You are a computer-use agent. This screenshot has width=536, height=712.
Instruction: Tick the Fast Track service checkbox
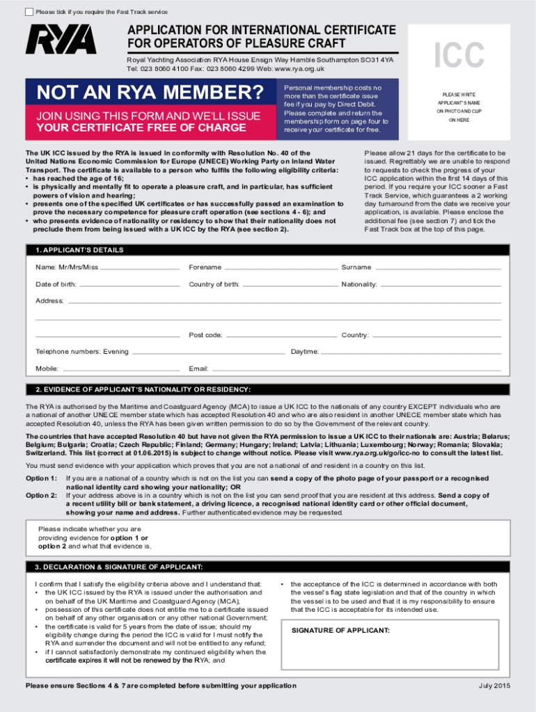point(28,12)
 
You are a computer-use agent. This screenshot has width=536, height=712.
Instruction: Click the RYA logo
point(61,40)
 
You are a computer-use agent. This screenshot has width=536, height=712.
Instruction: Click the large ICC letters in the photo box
point(459,56)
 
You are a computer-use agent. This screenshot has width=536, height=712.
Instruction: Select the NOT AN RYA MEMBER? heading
point(150,92)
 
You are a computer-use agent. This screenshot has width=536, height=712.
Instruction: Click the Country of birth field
point(290,284)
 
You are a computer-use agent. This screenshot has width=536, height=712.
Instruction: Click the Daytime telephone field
point(411,352)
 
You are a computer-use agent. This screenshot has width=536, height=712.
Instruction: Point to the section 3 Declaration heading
point(119,567)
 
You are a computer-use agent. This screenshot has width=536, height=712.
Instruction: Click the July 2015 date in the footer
point(494,686)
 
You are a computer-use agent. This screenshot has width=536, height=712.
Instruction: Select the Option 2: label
point(41,495)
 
